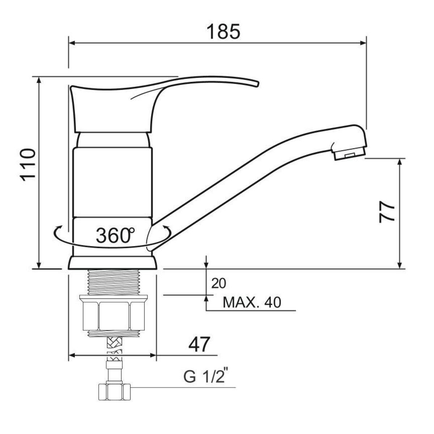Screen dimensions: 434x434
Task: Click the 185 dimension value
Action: pyautogui.click(x=224, y=32)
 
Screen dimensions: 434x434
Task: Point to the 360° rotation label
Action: pyautogui.click(x=115, y=235)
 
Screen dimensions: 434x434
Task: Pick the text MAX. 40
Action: pyautogui.click(x=252, y=302)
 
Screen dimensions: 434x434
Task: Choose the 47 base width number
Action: pyautogui.click(x=199, y=345)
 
